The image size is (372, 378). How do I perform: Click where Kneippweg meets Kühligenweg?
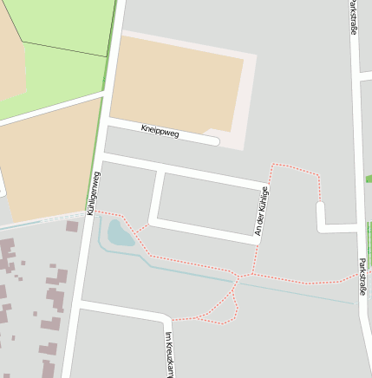105,124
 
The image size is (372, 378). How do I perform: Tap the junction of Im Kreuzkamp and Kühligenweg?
80,305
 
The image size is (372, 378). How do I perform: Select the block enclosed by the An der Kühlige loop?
208,204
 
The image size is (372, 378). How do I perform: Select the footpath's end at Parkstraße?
356,274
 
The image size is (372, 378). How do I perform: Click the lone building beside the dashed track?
72,226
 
